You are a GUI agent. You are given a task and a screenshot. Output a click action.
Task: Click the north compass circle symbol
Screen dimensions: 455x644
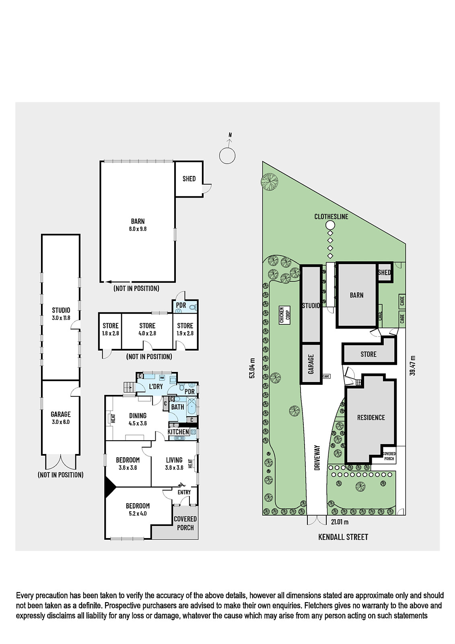coord(227,156)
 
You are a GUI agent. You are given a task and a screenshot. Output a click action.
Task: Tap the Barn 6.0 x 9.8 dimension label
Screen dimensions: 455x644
coord(138,225)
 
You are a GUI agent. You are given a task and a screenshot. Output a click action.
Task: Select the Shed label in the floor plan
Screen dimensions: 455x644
coord(189,179)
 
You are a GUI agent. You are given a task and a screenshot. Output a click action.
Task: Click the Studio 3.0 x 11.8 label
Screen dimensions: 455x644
coord(61,314)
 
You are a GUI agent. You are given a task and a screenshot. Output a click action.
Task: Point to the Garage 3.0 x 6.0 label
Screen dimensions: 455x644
coord(61,418)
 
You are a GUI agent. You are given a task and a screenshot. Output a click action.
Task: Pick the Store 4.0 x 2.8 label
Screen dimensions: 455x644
coord(147,330)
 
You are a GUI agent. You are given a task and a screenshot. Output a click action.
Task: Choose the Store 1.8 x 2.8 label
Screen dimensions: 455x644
coord(110,330)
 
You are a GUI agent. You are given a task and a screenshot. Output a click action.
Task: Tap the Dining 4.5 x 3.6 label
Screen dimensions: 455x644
coord(138,419)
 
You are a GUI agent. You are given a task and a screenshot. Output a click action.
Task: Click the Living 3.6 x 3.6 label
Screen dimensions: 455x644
coord(174,463)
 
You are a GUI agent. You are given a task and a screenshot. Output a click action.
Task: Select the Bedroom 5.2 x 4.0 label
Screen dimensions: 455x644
coord(138,509)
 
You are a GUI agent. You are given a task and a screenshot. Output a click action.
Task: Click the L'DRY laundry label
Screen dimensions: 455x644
coord(156,386)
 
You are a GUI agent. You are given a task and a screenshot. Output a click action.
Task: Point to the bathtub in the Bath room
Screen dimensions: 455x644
coord(192,407)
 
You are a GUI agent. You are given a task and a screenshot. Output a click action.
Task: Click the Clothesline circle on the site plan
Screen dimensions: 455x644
coord(331,225)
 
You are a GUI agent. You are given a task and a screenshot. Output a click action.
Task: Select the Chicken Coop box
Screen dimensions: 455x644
coord(284,316)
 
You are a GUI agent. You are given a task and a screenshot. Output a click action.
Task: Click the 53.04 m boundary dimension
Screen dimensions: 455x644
coord(253,368)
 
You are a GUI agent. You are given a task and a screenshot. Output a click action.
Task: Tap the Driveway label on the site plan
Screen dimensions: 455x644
coord(317,458)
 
